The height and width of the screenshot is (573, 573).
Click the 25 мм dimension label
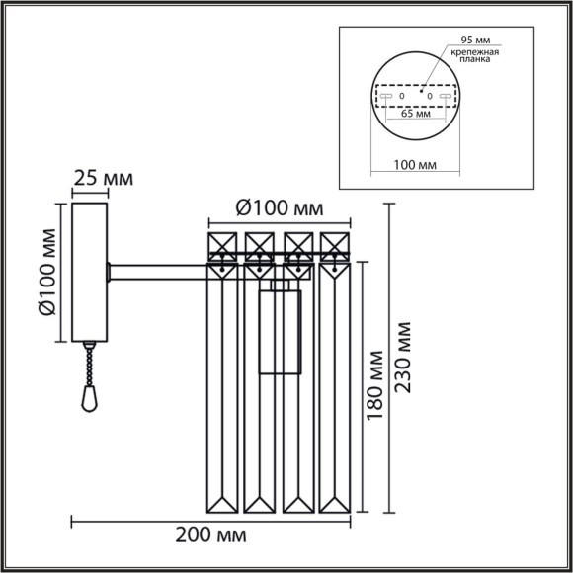(104, 180)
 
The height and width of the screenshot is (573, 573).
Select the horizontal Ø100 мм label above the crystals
(281, 209)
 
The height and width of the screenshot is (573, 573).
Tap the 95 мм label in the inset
(469, 39)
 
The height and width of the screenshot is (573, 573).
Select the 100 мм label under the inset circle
(416, 163)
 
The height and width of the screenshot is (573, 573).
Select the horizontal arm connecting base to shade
(158, 267)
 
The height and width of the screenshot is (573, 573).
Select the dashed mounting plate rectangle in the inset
(416, 95)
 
